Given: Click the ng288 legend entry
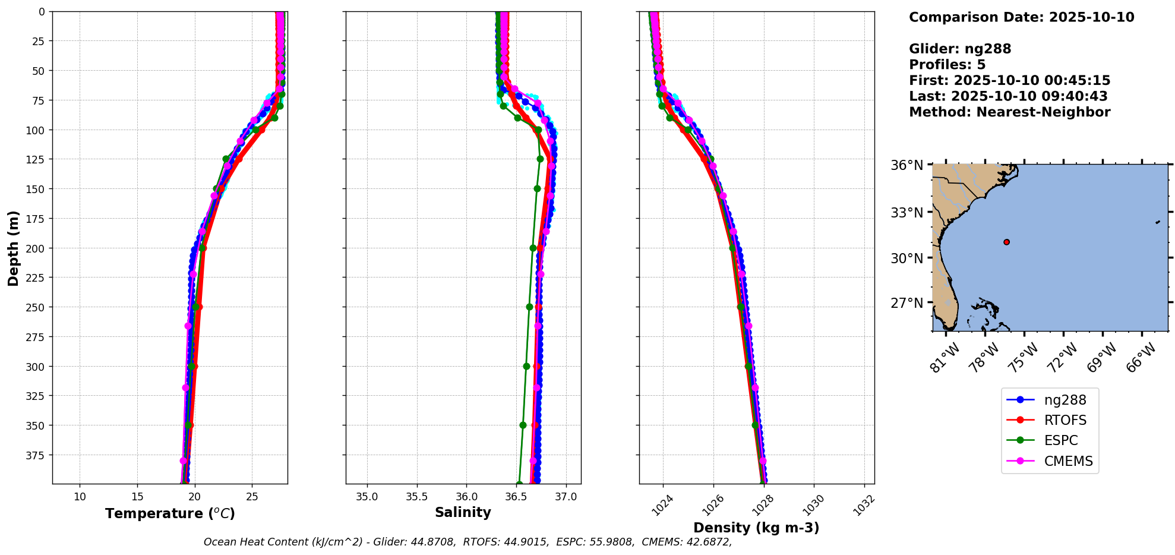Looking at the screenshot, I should point(1049,400).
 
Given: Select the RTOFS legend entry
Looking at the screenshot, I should point(1049,420).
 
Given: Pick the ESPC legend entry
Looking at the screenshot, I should point(1049,440).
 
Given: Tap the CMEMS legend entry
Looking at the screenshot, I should point(1049,461).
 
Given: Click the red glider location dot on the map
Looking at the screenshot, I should point(1006,242).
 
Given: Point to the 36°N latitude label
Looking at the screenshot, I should point(906,165).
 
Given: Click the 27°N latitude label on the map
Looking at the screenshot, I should point(906,303).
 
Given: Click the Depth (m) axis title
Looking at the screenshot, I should point(13,248).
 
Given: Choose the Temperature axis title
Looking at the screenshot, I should point(170,513).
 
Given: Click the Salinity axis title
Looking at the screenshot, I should point(463,512).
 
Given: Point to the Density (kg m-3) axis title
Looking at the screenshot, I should point(756,528).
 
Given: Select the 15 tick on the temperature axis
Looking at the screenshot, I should point(137,497).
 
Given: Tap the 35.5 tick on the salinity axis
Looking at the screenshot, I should point(416,497).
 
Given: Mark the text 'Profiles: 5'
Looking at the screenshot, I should point(947,65).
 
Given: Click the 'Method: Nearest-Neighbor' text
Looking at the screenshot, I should point(1009,112).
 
